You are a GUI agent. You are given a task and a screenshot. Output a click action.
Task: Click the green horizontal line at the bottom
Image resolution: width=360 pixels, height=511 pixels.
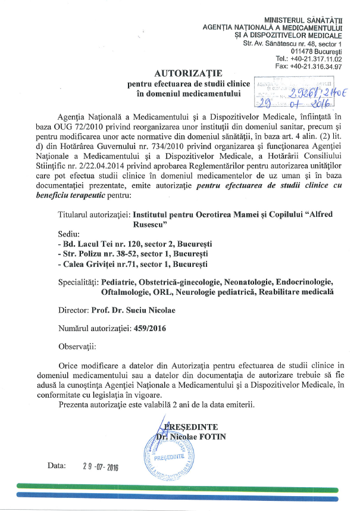click(179, 485)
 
